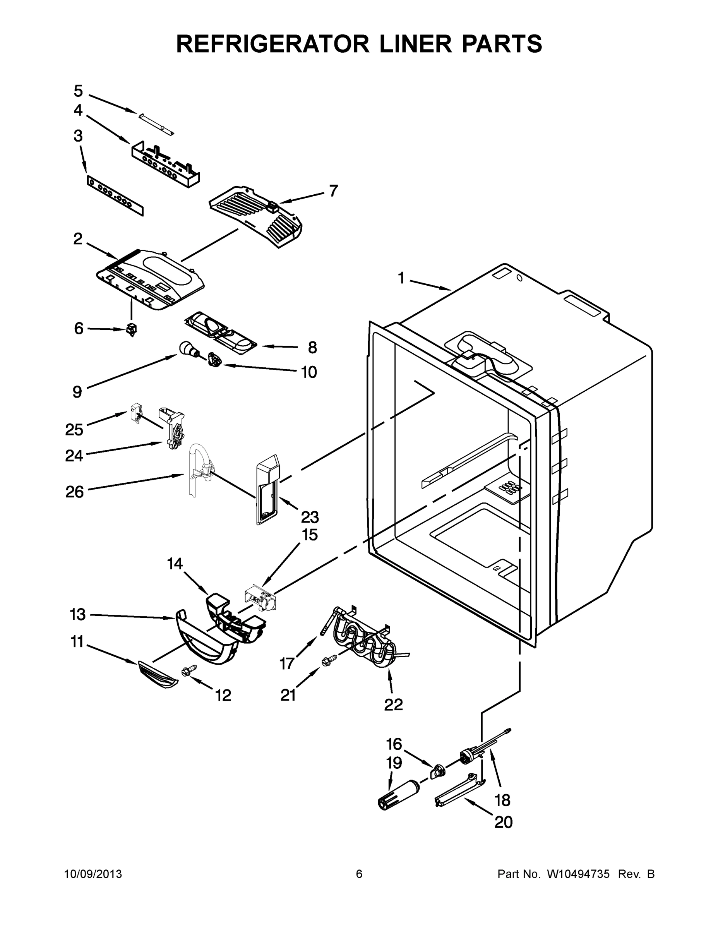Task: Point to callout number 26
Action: click(74, 492)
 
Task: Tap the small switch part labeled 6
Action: click(132, 329)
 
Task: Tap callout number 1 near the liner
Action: click(401, 278)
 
